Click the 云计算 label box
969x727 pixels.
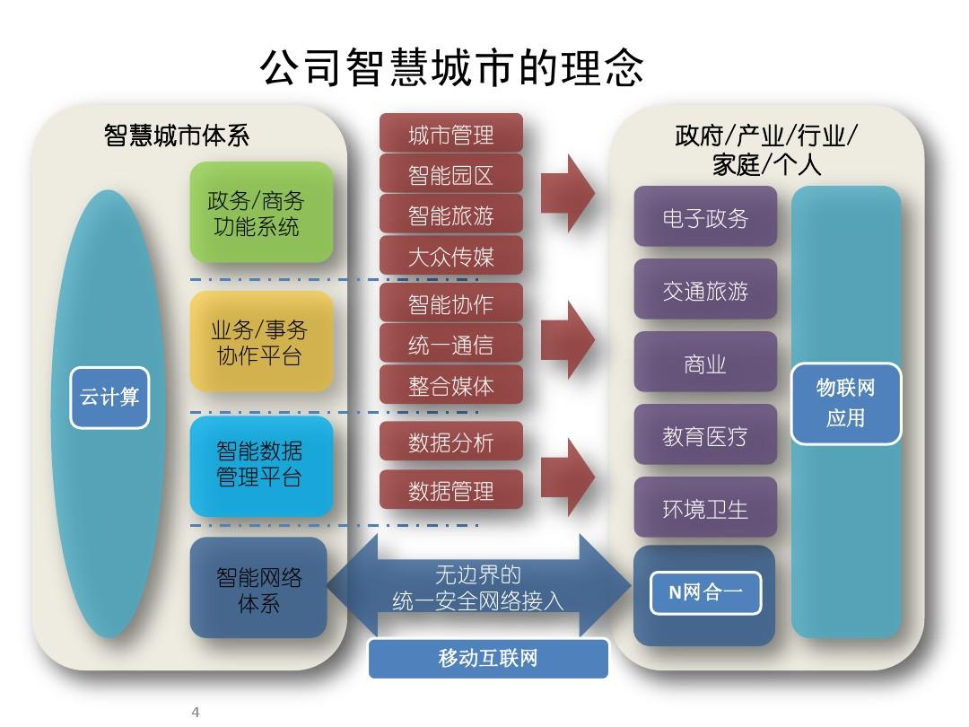109,397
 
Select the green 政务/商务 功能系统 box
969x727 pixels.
261,213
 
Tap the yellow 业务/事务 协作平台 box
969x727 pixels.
261,342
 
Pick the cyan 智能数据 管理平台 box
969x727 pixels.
261,464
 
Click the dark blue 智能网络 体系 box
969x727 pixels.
258,589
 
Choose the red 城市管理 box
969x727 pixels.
450,134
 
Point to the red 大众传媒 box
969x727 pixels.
450,257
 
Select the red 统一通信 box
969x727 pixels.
450,345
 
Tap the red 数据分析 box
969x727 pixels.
450,442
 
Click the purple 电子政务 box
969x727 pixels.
705,217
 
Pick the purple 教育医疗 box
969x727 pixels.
705,436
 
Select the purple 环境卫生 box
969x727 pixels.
705,508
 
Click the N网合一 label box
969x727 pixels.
705,593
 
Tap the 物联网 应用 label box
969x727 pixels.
845,403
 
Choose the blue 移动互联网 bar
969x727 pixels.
488,659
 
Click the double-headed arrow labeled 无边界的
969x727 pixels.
479,586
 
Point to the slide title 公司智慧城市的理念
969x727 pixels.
451,67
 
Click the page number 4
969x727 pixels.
196,713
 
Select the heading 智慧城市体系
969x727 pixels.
177,136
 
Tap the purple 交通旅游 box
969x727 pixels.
705,290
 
